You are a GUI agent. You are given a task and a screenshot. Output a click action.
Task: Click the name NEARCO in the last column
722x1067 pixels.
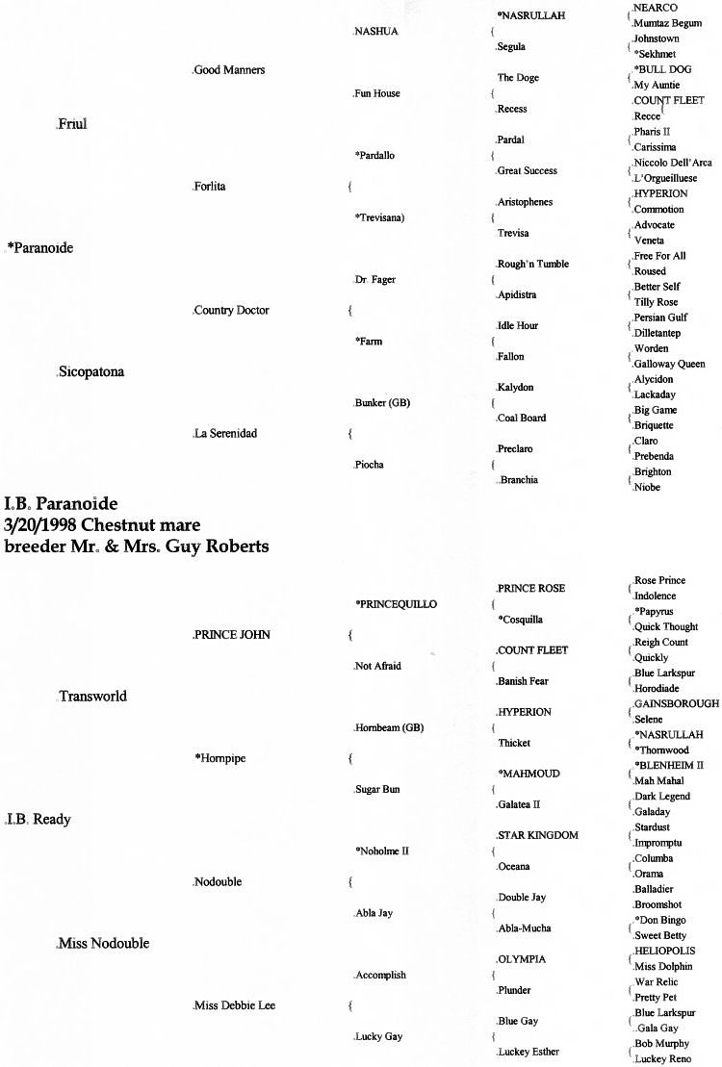[x=655, y=8]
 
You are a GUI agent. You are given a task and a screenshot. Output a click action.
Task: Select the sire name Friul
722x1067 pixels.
[x=72, y=124]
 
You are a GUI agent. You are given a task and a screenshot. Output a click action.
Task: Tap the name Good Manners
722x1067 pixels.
[x=229, y=70]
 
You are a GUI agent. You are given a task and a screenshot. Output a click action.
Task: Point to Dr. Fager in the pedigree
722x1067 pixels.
[x=375, y=279]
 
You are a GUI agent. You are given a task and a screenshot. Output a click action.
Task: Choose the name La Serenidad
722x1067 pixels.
[x=226, y=433]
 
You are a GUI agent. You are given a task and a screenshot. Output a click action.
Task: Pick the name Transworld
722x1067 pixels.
[x=92, y=696]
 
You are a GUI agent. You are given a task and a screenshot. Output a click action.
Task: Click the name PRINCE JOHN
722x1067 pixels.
[x=232, y=635]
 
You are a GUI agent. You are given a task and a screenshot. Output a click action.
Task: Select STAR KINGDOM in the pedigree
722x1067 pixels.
[x=537, y=835]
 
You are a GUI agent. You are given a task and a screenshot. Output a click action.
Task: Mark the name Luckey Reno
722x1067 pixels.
[x=662, y=1058]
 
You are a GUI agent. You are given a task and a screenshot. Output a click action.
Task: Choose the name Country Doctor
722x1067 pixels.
[x=231, y=310]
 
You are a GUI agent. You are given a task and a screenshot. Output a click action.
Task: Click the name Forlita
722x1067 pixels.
[x=209, y=187]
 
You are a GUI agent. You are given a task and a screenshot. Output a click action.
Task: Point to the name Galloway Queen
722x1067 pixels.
[x=669, y=364]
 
